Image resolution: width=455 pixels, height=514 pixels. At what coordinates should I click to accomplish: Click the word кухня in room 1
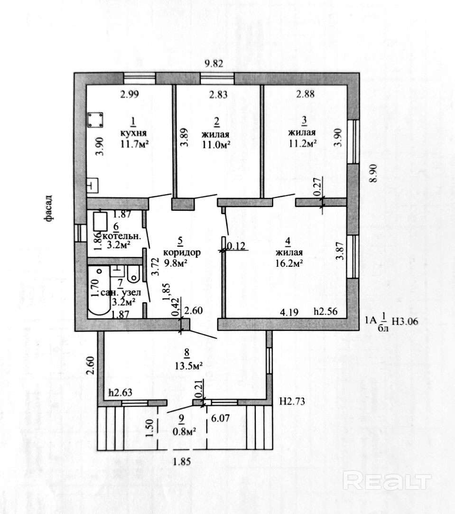[x=133, y=133]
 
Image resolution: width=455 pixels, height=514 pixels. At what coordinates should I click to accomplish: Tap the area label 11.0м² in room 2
[x=215, y=145]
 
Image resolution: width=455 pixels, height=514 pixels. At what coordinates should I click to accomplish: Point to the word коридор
[x=182, y=253]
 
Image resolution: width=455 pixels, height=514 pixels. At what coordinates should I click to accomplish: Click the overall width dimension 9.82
[x=214, y=64]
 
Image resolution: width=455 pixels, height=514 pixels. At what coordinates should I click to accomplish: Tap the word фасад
[x=48, y=209]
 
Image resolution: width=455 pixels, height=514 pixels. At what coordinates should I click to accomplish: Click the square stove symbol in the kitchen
[x=95, y=120]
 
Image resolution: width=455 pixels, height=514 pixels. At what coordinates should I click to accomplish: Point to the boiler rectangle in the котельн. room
[x=100, y=222]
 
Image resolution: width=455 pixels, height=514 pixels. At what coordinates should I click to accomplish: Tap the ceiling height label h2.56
[x=325, y=311]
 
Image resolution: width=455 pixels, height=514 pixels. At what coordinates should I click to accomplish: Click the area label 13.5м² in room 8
[x=188, y=365]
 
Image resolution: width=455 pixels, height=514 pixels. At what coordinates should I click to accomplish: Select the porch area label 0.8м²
[x=185, y=431]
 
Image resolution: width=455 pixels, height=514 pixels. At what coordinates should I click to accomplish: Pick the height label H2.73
[x=292, y=401]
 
